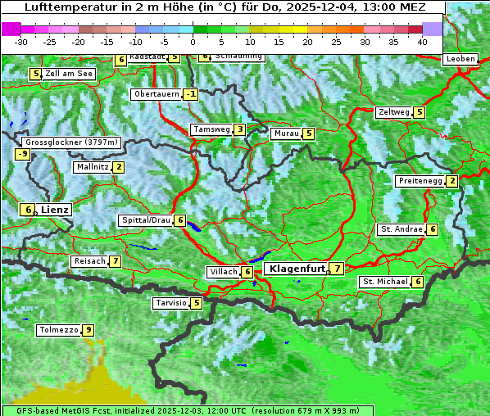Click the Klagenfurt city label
point(295,269)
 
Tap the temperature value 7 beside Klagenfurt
point(337,269)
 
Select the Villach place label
point(223,272)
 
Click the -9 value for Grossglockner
point(22,154)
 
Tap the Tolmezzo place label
point(59,331)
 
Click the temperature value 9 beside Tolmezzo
point(88,331)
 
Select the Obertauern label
point(156,94)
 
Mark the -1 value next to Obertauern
point(190,94)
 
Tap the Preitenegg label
point(420,181)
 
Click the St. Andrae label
point(401,229)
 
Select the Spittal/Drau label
point(146,221)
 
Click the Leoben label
point(460,59)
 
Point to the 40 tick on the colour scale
point(422,42)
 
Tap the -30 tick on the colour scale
point(21,42)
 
